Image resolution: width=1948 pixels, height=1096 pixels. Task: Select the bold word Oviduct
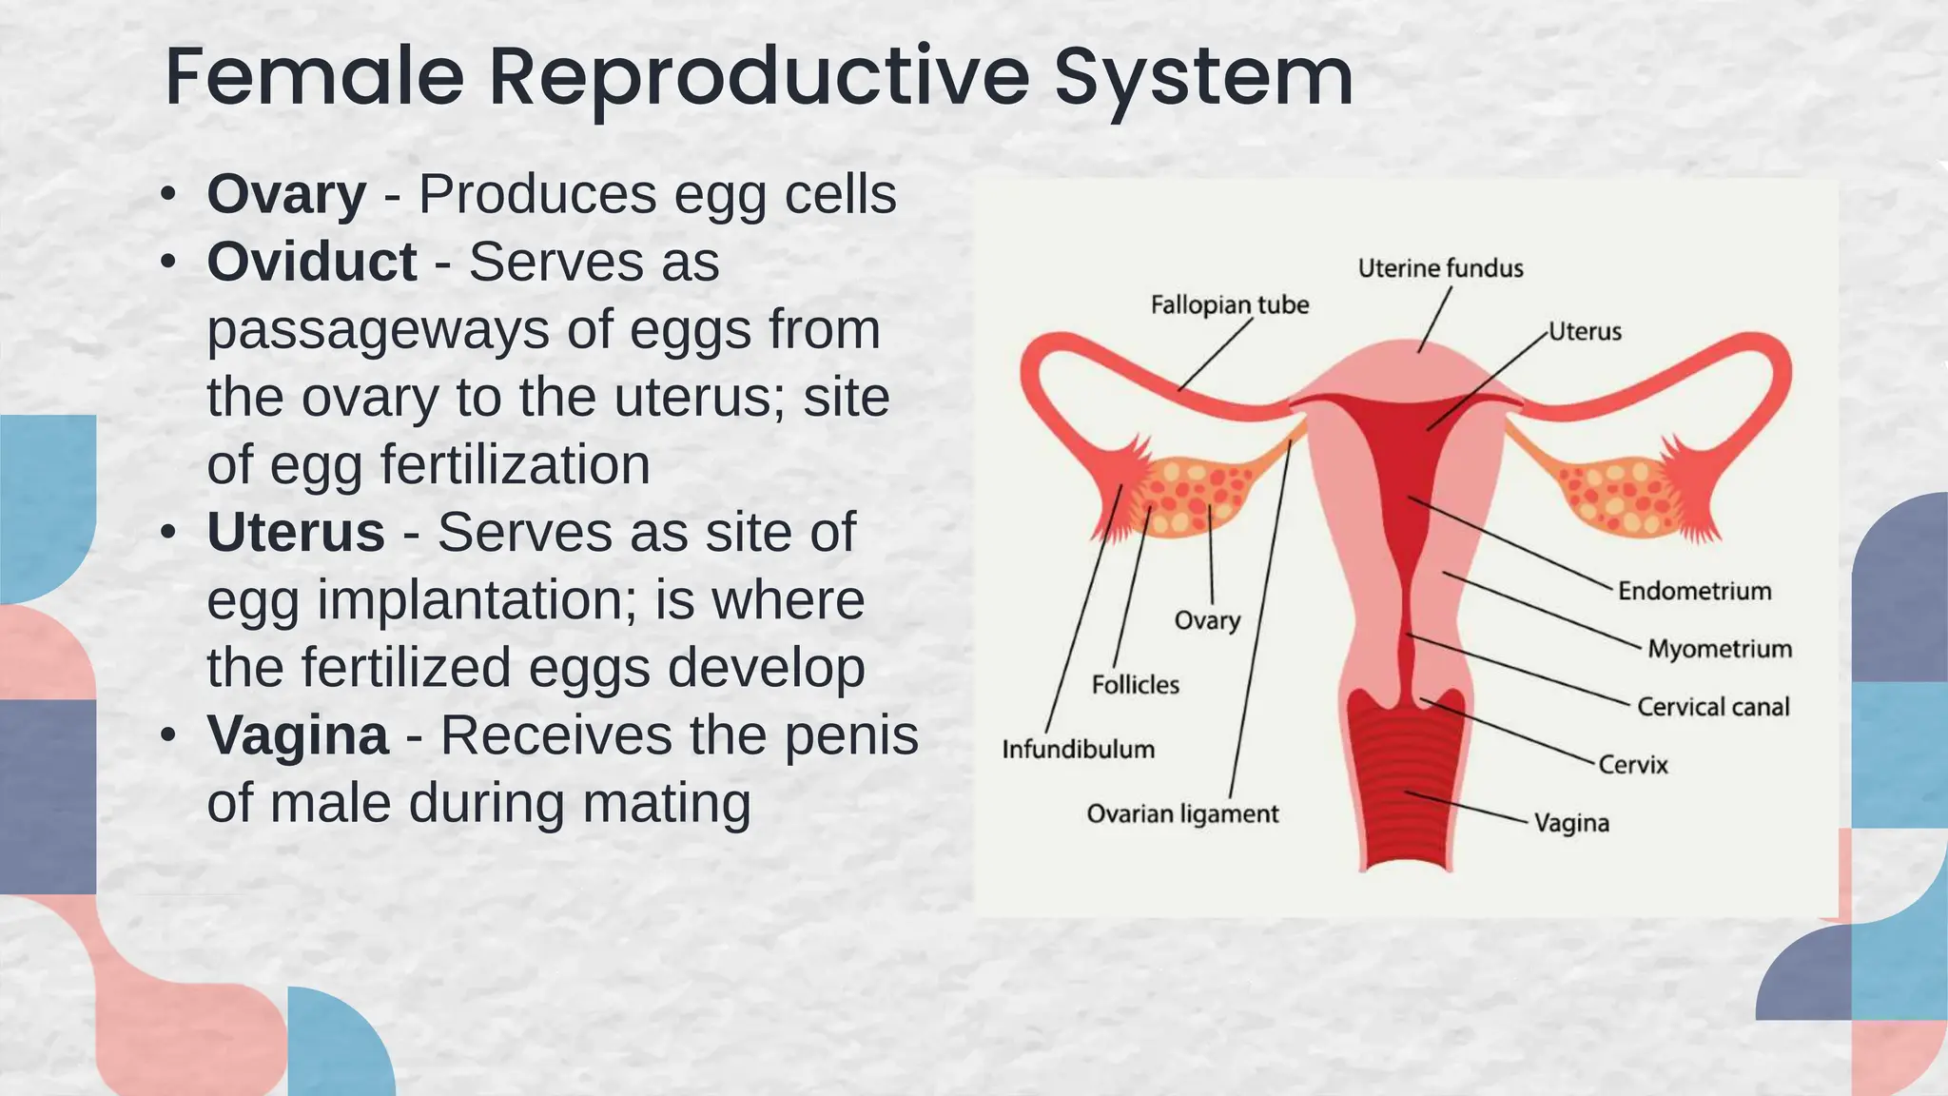point(312,262)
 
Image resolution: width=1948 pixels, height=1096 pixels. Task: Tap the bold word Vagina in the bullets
point(298,735)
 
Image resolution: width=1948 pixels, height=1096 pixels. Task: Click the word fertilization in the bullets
point(515,465)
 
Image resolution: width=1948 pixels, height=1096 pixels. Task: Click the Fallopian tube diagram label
point(1229,305)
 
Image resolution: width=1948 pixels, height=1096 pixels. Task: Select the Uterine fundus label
point(1440,269)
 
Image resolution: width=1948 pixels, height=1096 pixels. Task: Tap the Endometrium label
point(1694,592)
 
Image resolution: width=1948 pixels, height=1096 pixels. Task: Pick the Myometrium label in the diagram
point(1719,650)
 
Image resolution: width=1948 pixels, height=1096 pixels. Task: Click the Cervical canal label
point(1712,707)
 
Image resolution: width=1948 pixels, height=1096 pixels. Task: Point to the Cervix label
point(1632,765)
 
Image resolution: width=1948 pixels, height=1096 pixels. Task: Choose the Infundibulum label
point(1078,750)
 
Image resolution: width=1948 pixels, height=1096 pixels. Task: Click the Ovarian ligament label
point(1182,814)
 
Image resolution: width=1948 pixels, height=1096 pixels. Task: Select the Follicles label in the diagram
point(1135,685)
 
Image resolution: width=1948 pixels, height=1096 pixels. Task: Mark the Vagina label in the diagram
point(1571,823)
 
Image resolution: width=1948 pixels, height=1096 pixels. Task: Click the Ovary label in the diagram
point(1207,621)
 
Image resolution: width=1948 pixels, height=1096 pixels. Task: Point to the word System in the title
point(1203,78)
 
